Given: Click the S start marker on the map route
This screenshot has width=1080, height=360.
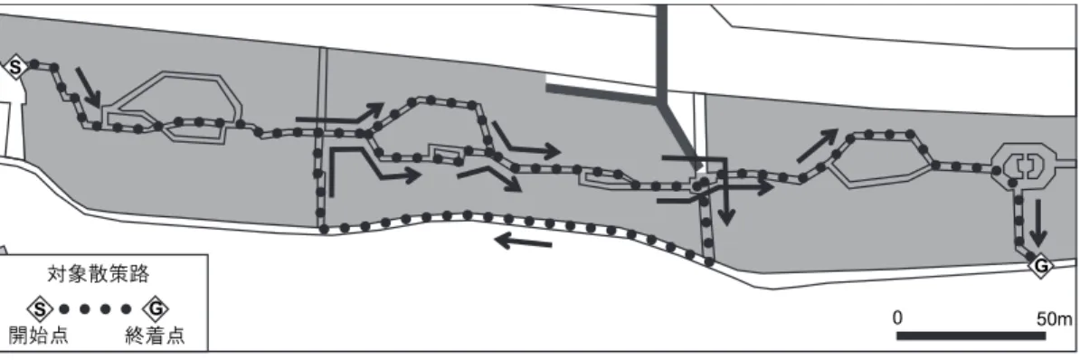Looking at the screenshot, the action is pos(16,68).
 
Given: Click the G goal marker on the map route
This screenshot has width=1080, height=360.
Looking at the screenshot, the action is pos(1041,266).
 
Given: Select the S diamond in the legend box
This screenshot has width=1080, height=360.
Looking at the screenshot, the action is pos(40,309).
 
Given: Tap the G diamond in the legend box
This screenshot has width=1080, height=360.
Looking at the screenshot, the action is pos(156,309).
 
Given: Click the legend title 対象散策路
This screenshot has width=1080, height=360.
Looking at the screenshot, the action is pos(99,275).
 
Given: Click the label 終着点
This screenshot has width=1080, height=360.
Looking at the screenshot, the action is pos(155,336).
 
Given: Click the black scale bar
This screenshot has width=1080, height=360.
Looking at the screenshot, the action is pos(971,336).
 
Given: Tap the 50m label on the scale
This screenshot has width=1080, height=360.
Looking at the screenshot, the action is pos(1055,319).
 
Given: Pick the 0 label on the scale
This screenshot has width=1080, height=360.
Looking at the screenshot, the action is pos(896,318).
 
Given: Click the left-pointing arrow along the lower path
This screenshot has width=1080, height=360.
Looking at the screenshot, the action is pos(523,242).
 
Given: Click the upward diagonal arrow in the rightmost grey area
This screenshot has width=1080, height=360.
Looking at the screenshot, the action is pos(818,146).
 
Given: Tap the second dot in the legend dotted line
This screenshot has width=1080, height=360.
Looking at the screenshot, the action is pos(85,309).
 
